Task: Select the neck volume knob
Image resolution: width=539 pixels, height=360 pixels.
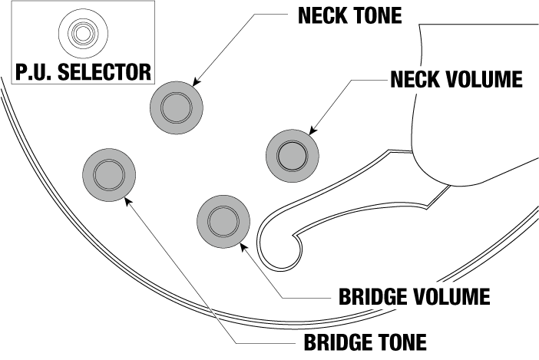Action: [292, 156]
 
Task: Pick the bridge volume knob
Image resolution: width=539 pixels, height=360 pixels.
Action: [223, 220]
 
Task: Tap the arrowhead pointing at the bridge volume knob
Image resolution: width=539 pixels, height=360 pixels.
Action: [243, 246]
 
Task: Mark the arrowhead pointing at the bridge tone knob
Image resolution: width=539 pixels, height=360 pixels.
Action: [127, 198]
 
